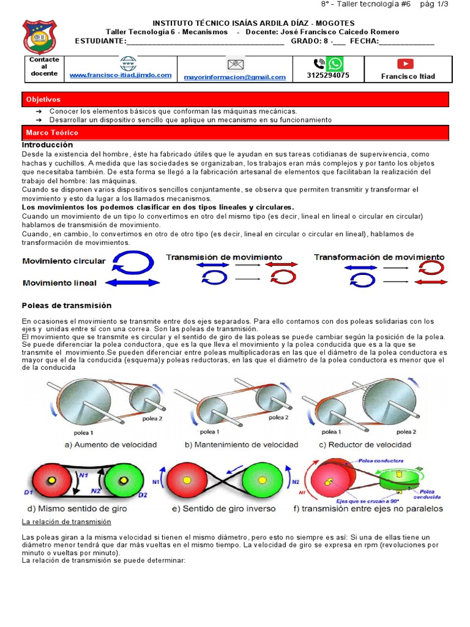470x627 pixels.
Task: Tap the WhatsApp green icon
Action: [x=335, y=64]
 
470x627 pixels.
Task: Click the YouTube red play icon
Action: [x=405, y=64]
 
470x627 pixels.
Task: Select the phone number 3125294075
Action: [x=328, y=76]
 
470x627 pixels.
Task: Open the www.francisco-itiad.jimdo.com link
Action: [x=121, y=75]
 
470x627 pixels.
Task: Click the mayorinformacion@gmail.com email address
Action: [x=235, y=77]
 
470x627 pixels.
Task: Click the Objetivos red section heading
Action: [x=43, y=99]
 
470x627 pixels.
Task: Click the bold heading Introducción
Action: [x=47, y=145]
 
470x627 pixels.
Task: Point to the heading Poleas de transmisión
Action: [x=67, y=305]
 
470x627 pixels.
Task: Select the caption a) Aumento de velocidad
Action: [x=111, y=444]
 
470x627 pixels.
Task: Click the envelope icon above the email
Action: [x=235, y=64]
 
